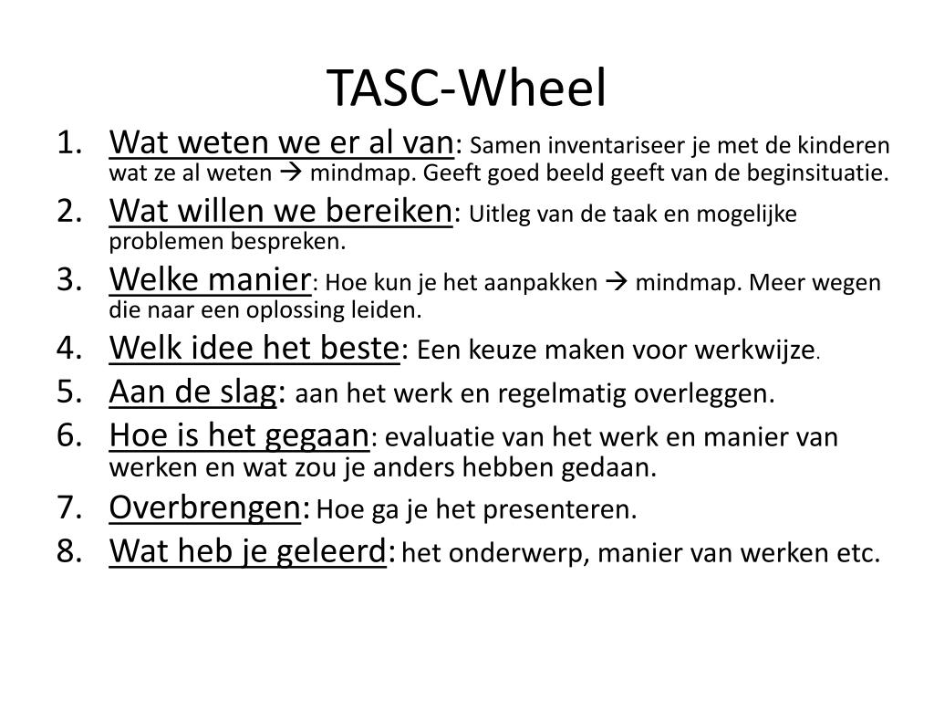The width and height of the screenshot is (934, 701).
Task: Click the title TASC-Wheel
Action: [x=466, y=88]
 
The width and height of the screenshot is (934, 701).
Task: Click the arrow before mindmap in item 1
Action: [x=294, y=173]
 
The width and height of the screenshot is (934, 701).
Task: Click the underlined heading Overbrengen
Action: [x=204, y=507]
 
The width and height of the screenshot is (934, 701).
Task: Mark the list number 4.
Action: [x=70, y=349]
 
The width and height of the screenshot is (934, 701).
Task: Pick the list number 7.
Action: [x=70, y=508]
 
